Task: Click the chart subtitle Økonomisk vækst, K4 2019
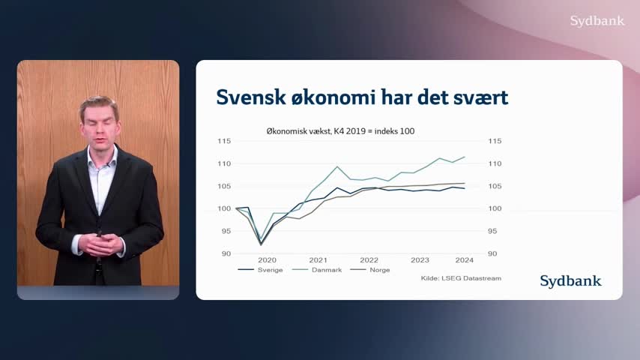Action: click(x=316, y=131)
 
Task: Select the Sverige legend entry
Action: click(x=260, y=270)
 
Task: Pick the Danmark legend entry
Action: click(x=317, y=270)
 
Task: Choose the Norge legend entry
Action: click(x=370, y=270)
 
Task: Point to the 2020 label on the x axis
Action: click(x=267, y=260)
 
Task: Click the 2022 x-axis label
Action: click(x=369, y=260)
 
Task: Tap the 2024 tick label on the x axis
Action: click(x=465, y=260)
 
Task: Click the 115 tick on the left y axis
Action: click(x=224, y=141)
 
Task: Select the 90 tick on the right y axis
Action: click(x=492, y=253)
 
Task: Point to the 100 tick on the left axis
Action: click(x=224, y=208)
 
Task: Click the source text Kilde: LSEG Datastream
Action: click(x=461, y=278)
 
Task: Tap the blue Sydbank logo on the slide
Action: click(x=570, y=281)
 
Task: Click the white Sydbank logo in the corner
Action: click(x=597, y=21)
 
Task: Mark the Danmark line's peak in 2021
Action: click(x=337, y=166)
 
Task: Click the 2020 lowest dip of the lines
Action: click(x=262, y=244)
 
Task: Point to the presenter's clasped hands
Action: click(x=100, y=244)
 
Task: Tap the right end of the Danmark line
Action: click(x=465, y=157)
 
